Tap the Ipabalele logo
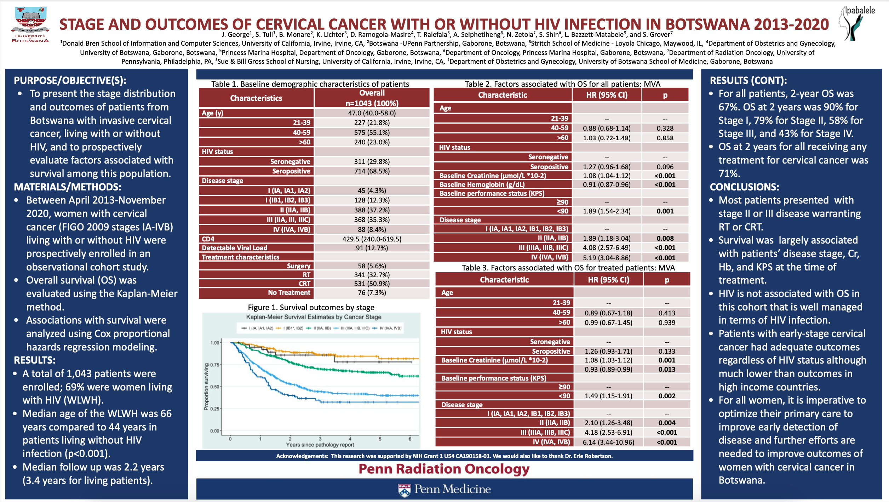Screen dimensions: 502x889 coord(856,23)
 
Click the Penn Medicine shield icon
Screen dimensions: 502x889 coord(404,490)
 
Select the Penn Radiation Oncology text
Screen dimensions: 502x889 coord(444,469)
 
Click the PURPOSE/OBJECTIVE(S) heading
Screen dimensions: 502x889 coord(70,80)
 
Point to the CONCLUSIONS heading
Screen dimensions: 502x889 coord(744,187)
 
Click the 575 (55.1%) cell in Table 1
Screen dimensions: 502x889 coord(372,132)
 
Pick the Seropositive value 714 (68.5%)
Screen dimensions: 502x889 coord(372,171)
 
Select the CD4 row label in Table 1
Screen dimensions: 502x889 coord(208,239)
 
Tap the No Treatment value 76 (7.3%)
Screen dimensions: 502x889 coord(372,292)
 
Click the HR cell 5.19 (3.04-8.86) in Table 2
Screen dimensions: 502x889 coord(607,258)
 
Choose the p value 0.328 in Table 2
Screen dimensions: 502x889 coord(665,128)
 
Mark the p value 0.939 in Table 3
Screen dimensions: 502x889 coord(667,323)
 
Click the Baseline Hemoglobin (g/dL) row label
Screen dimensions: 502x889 coord(482,184)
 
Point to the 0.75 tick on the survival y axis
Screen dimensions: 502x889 coord(215,365)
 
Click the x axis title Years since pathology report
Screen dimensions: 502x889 coord(320,445)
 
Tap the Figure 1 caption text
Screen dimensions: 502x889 coord(311,307)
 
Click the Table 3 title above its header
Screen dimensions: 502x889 coord(568,268)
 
